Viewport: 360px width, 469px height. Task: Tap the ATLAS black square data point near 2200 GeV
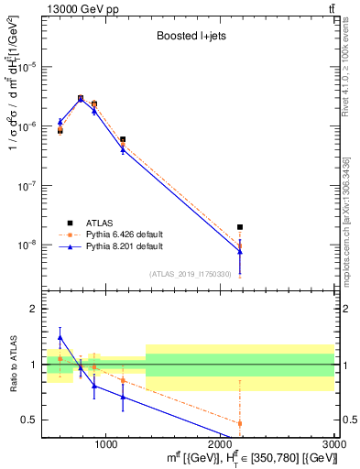[x=240, y=226]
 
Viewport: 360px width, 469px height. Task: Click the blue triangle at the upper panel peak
[x=81, y=99]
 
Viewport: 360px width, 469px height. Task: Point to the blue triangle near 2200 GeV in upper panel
[x=240, y=251]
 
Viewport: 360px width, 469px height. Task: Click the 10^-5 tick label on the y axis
[x=29, y=66]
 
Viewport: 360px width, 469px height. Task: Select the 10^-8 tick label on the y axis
[x=29, y=245]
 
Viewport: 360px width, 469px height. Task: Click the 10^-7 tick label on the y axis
[x=29, y=185]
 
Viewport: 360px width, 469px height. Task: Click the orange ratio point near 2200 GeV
[x=240, y=423]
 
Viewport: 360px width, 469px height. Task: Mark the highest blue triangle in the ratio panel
[x=60, y=337]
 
